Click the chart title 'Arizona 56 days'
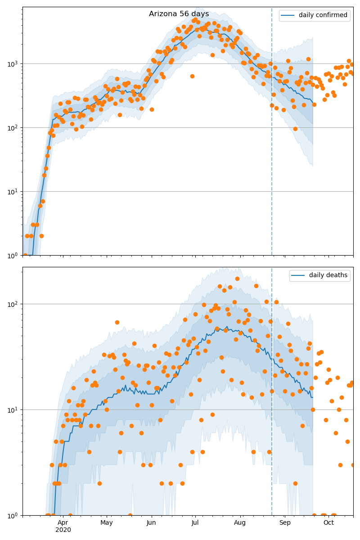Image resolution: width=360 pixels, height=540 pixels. tap(179, 14)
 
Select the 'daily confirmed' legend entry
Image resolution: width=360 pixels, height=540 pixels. tap(323, 15)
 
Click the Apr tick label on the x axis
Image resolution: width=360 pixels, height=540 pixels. tap(63, 522)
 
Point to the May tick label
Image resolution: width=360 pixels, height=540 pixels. tap(107, 522)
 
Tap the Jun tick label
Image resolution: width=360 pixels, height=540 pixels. tap(151, 522)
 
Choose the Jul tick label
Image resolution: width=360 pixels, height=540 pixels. tap(195, 522)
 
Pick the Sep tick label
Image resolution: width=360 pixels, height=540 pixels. tap(285, 522)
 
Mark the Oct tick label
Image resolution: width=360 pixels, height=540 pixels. tap(328, 522)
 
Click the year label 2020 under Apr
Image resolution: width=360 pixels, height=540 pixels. tap(63, 530)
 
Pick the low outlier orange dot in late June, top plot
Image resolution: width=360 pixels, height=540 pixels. tap(192, 76)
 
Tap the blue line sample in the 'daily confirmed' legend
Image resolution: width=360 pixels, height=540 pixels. tap(288, 15)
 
